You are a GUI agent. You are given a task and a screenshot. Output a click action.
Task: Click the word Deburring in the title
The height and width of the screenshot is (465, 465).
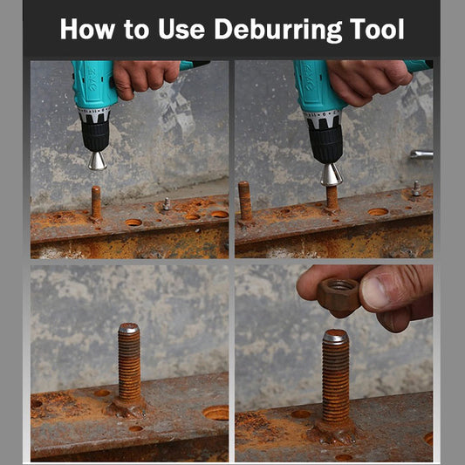coord(278,30)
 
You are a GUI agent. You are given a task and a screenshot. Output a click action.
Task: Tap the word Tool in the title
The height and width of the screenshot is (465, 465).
coord(377,29)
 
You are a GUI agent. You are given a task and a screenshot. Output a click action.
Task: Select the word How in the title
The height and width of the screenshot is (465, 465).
coord(87,29)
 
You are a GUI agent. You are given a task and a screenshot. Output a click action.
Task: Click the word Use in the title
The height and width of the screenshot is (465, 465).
coord(181,29)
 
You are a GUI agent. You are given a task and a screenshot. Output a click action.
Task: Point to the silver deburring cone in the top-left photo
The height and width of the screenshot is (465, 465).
coord(97,161)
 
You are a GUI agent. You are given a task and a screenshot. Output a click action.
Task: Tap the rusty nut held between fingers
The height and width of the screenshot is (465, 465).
coord(339,293)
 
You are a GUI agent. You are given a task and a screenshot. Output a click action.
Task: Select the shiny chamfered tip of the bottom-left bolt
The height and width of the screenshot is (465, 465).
coord(129,328)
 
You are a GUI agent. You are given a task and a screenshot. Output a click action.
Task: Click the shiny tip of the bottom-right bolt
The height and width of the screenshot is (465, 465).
coord(335,336)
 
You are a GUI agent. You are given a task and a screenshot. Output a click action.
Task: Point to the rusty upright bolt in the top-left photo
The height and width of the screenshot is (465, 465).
coord(96,203)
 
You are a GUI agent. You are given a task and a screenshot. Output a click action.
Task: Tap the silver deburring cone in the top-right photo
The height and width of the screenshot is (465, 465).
coord(332,174)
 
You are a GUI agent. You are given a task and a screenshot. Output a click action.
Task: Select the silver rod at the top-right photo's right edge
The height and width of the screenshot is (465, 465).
coord(421,154)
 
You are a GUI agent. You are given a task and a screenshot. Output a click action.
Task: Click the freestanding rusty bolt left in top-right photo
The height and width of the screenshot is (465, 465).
coord(245,202)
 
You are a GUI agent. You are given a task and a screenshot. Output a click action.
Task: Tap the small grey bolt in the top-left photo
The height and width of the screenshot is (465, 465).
coord(167,204)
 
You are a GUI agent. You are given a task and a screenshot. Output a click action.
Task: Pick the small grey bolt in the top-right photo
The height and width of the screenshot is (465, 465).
coord(416,188)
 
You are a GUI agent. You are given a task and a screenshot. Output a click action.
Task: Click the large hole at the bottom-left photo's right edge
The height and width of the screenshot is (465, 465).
coord(216,413)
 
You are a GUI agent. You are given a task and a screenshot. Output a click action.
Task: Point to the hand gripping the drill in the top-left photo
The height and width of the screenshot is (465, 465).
coord(145,78)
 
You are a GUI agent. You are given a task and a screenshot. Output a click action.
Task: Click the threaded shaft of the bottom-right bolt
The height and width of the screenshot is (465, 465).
coord(336,382)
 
